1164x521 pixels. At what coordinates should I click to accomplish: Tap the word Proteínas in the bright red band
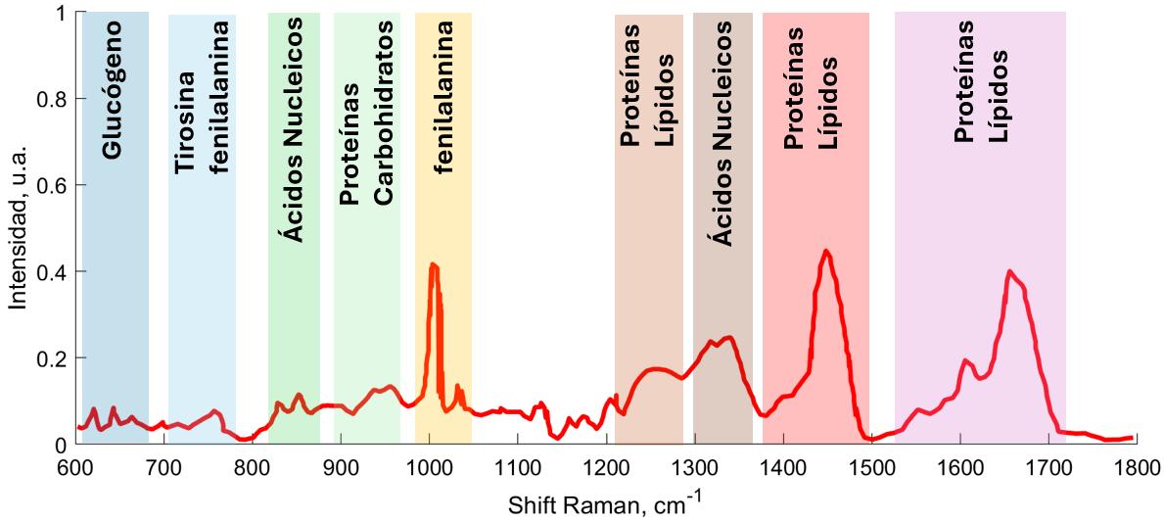click(796, 89)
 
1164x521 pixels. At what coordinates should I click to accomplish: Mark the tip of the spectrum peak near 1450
click(827, 251)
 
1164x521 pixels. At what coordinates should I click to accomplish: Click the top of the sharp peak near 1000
click(433, 264)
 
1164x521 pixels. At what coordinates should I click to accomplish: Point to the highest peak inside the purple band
click(1009, 271)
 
